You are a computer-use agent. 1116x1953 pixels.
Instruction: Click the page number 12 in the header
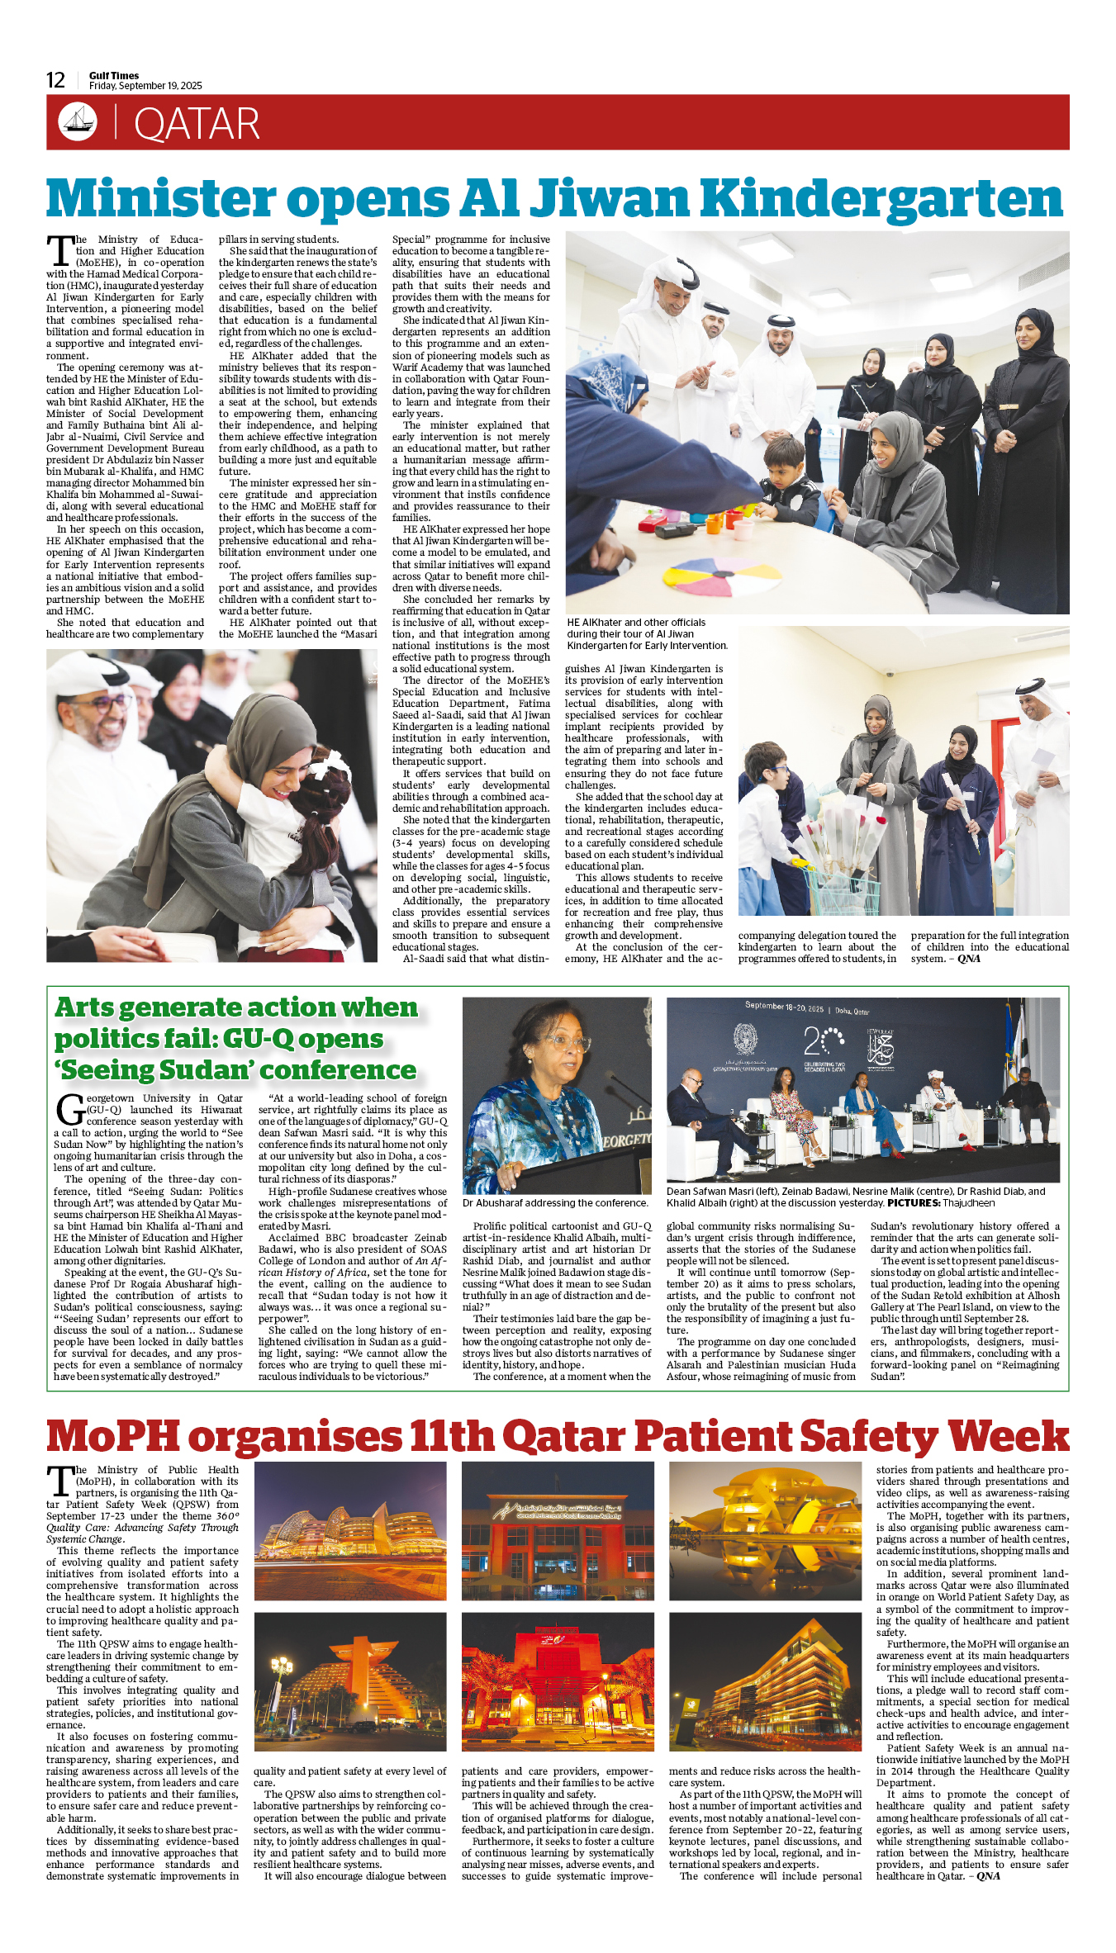55,80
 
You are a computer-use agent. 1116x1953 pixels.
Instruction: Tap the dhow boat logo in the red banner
78,121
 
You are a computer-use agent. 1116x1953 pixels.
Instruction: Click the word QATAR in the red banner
197,124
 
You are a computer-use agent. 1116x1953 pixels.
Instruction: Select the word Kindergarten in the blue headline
881,200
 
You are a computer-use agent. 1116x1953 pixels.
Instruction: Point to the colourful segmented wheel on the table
699,576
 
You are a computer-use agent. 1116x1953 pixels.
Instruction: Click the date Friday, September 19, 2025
145,86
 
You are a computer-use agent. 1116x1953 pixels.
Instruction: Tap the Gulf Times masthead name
114,75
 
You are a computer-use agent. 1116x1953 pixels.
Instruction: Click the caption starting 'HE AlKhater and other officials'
647,633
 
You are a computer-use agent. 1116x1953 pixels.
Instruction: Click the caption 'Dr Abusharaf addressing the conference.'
555,1203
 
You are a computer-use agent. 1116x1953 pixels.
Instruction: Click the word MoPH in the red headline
113,1436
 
